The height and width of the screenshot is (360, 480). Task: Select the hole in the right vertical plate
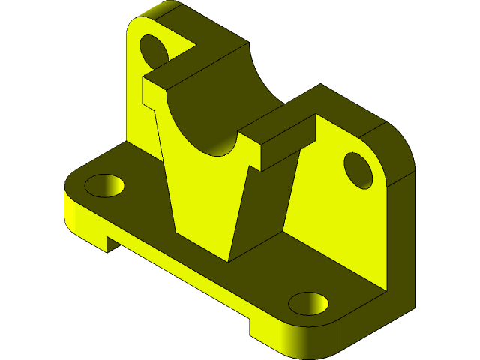point(358,169)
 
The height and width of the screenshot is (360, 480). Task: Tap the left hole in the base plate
point(106,184)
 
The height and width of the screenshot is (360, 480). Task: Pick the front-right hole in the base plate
point(308,303)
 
